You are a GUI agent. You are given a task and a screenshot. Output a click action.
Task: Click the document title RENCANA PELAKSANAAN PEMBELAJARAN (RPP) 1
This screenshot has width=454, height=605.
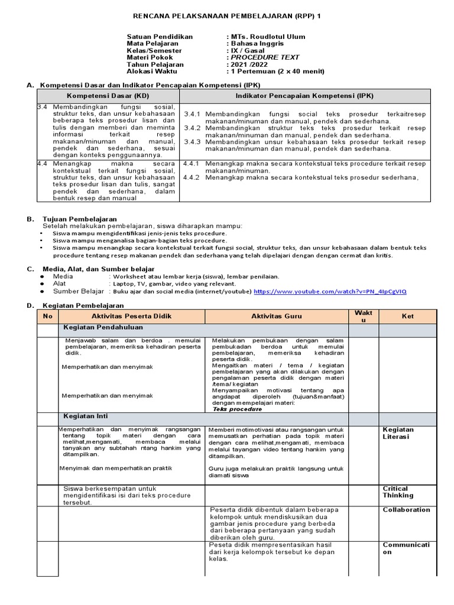(227, 14)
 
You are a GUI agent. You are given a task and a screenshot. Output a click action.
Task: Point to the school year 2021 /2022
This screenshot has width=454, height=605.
(250, 65)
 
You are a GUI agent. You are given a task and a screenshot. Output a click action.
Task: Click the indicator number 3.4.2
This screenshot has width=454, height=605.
(193, 128)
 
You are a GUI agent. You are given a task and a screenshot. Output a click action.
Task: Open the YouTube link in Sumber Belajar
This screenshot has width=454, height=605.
(330, 292)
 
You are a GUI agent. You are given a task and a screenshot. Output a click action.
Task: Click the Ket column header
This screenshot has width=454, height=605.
(408, 317)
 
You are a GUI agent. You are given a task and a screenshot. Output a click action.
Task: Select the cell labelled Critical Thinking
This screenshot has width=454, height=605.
(398, 492)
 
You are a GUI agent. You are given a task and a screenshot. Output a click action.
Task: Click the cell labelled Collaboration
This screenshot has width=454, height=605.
(406, 510)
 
